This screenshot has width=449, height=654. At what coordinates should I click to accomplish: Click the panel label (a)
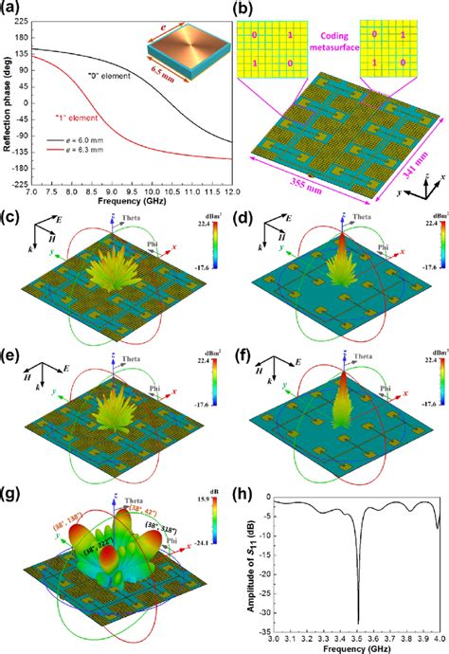[x=13, y=9]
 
